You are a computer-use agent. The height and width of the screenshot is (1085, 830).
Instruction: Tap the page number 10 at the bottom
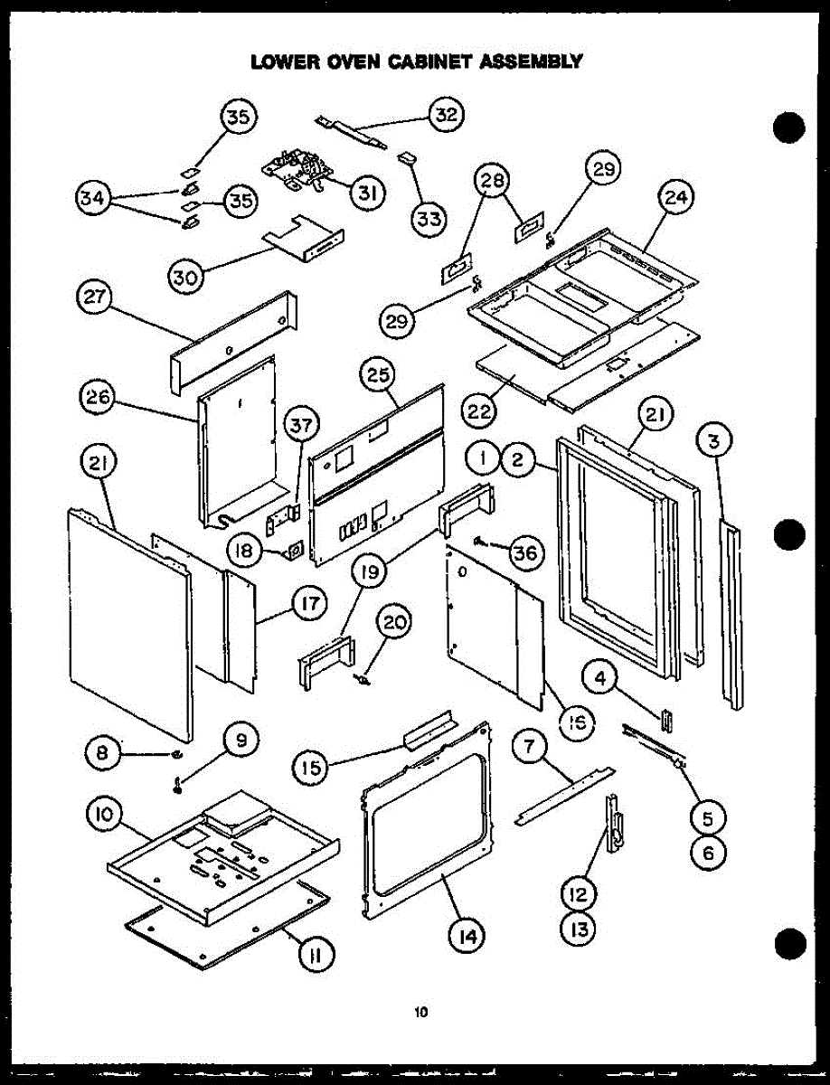[420, 1013]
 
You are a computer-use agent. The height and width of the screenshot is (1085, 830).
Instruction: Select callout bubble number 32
[447, 115]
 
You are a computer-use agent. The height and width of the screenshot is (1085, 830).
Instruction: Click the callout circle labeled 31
[367, 193]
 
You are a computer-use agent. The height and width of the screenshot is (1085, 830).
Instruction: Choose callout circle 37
[303, 422]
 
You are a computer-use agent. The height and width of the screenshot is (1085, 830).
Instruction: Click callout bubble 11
[316, 955]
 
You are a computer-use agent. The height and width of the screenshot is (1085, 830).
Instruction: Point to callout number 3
[714, 443]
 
